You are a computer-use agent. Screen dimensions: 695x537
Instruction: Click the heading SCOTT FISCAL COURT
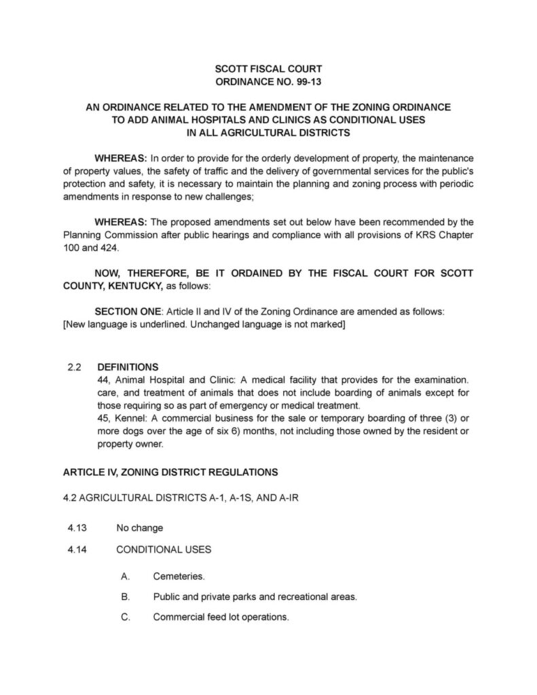pos(268,69)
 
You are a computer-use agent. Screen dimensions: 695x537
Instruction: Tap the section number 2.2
pos(75,367)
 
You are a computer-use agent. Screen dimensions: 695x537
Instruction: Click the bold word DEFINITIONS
pos(128,367)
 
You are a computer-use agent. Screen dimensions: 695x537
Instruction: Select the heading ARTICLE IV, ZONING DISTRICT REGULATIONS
pos(170,471)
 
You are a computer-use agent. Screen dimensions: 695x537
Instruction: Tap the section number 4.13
pos(75,527)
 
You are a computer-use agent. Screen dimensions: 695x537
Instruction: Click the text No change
pos(140,527)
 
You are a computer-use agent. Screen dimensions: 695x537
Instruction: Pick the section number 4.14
pos(75,549)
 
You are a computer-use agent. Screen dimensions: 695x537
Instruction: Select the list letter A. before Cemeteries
pos(125,576)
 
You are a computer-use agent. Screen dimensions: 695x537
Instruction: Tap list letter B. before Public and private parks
pos(125,597)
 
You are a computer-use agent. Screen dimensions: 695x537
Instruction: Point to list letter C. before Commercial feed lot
pos(125,617)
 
